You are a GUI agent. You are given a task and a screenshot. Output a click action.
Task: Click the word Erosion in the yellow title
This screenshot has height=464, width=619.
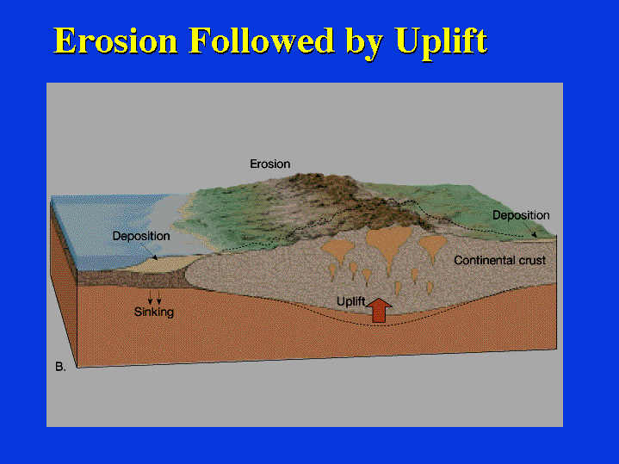115,40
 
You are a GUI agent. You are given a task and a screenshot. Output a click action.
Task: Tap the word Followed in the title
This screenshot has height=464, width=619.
261,40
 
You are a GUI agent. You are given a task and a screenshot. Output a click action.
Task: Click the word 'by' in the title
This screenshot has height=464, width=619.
364,43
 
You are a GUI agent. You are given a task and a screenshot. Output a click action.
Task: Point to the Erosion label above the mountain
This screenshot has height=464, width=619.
270,164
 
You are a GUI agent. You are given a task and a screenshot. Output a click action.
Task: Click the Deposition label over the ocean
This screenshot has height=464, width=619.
141,236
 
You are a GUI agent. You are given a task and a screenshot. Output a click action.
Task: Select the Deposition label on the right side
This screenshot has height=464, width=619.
521,215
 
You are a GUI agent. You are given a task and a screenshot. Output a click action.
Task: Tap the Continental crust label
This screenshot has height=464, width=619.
500,260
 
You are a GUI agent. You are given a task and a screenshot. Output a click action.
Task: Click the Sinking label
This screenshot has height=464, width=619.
154,312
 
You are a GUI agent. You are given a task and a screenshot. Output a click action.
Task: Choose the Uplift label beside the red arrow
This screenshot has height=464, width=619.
350,301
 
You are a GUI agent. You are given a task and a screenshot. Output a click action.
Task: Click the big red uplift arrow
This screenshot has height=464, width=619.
379,311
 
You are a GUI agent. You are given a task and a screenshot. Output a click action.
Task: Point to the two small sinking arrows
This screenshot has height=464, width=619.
154,297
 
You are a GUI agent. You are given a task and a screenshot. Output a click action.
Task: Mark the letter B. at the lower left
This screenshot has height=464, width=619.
60,367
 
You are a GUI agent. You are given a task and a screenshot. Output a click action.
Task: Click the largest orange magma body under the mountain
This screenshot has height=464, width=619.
388,241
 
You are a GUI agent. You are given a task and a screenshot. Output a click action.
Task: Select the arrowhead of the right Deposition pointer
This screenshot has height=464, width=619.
534,234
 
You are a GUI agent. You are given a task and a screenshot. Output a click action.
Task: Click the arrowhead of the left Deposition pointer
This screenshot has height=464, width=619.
155,257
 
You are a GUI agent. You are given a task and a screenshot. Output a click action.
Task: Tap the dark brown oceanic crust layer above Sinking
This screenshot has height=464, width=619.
130,279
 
